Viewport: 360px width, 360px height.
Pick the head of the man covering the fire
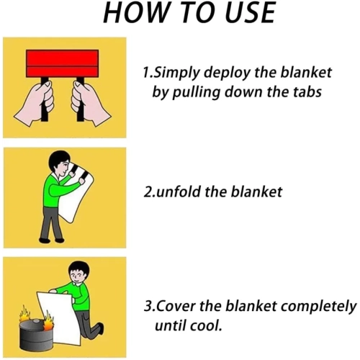coord(78,273)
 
